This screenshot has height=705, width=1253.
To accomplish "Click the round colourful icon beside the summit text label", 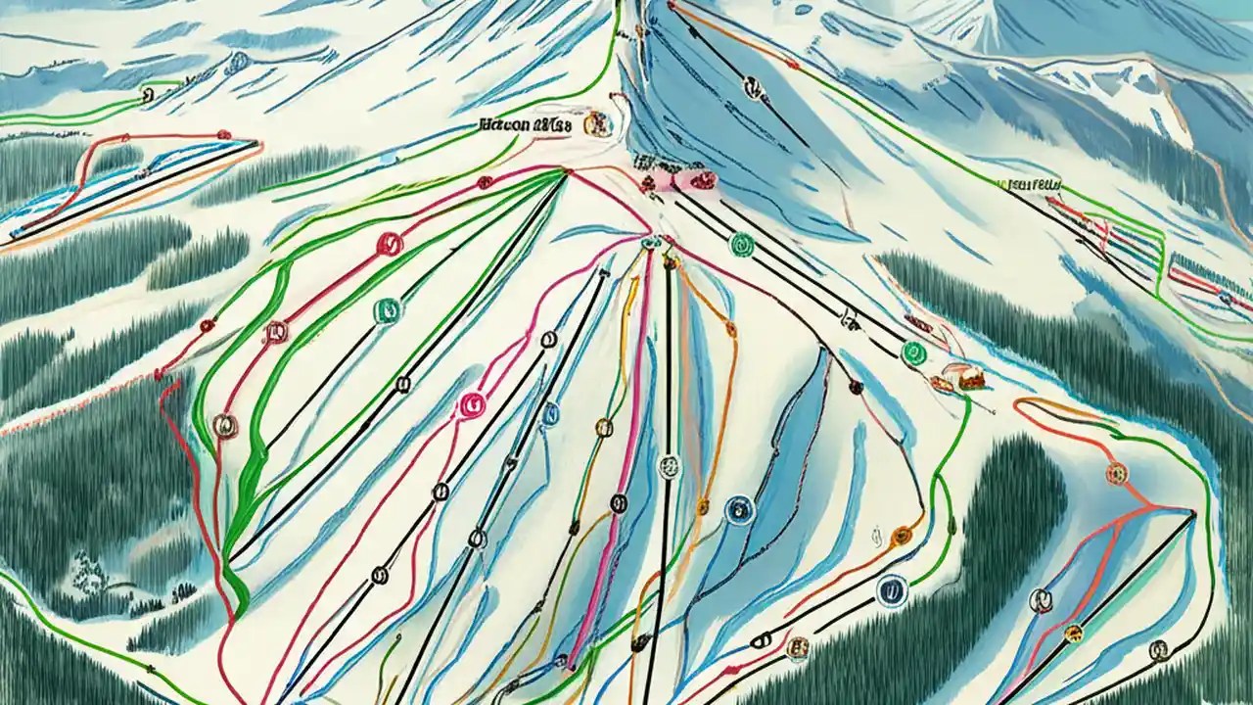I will [593, 124].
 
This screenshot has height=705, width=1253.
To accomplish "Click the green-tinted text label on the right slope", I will [1030, 183].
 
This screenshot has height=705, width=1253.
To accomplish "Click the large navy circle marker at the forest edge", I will [890, 589].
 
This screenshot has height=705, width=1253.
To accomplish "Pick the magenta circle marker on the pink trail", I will [472, 402].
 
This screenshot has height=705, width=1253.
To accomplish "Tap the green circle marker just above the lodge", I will [913, 352].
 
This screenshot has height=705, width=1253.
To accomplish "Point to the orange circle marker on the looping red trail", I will [1117, 474].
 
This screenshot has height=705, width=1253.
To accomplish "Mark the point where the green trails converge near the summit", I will [565, 172].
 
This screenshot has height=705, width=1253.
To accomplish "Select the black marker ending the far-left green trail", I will [148, 94].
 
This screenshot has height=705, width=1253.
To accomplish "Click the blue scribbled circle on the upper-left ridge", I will [237, 62].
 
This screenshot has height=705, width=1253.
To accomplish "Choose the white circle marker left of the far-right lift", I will [1040, 599].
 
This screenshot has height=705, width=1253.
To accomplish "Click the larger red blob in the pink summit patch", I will [701, 179].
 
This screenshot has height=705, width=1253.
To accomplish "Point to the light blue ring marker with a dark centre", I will [740, 509].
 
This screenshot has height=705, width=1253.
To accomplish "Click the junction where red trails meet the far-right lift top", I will [1191, 512].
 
